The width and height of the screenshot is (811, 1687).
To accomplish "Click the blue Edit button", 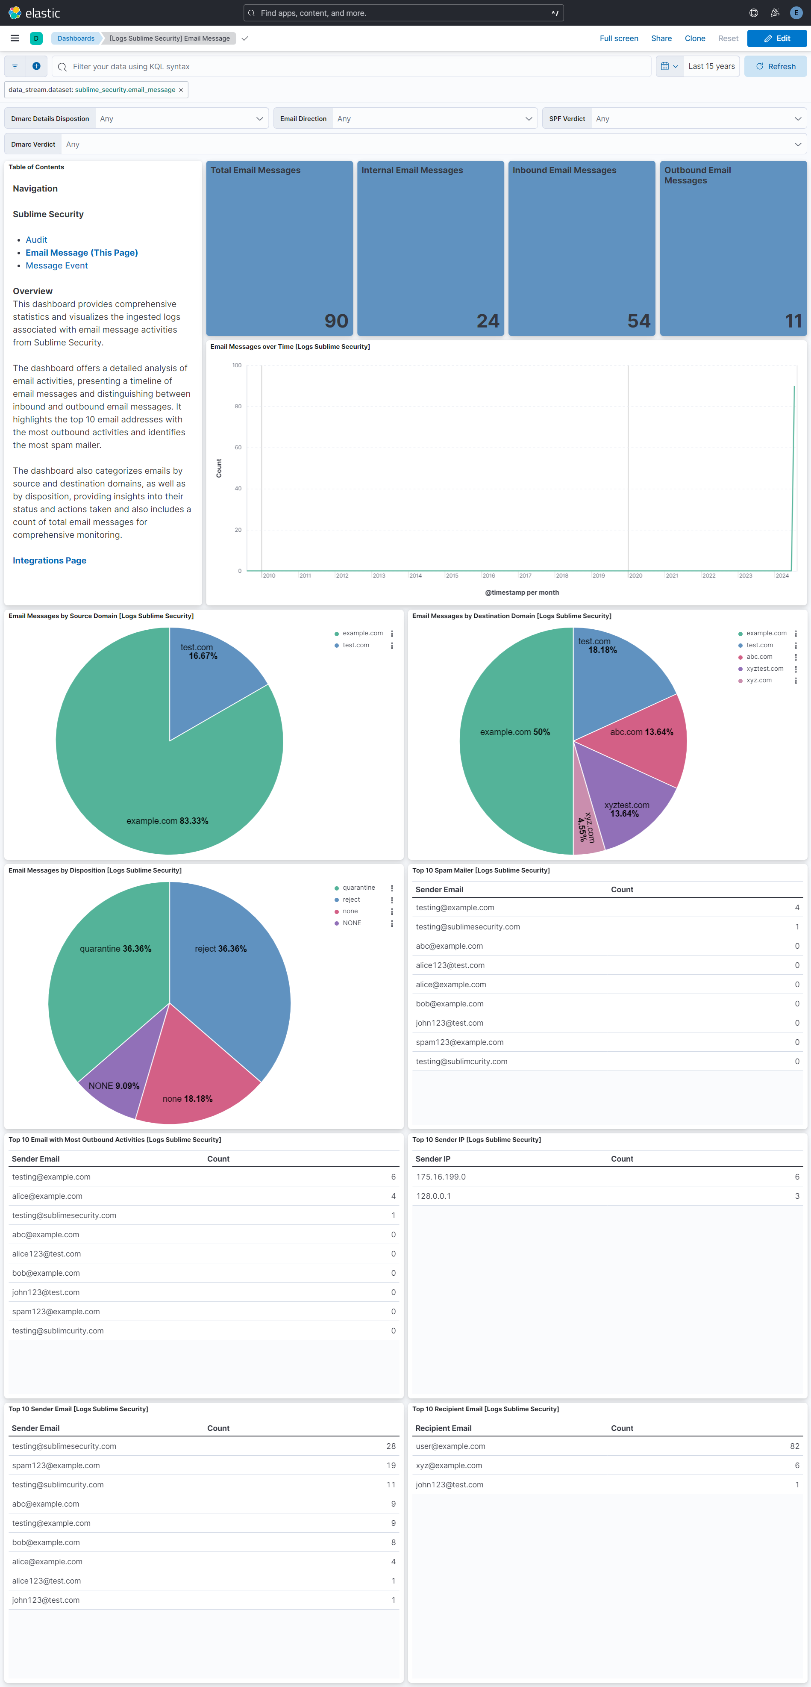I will point(776,38).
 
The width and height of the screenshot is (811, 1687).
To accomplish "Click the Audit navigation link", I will point(37,240).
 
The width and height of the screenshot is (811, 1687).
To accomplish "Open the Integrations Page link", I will point(50,560).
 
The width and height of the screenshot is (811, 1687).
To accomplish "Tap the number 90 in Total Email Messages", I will point(336,321).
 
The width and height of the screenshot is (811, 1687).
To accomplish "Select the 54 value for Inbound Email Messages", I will point(638,321).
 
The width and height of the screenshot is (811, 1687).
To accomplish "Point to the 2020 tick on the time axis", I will point(635,575).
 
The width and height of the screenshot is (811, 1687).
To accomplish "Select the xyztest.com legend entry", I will point(764,669).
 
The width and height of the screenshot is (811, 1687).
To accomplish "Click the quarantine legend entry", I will point(358,888).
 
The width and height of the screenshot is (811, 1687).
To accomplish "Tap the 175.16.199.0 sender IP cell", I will point(441,1177).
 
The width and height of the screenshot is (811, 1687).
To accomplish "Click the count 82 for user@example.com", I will point(794,1446).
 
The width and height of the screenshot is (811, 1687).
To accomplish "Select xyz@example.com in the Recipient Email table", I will point(449,1466).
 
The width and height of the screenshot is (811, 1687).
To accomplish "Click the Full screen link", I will point(619,38).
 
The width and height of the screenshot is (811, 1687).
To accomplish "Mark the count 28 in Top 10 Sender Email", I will point(391,1446).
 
